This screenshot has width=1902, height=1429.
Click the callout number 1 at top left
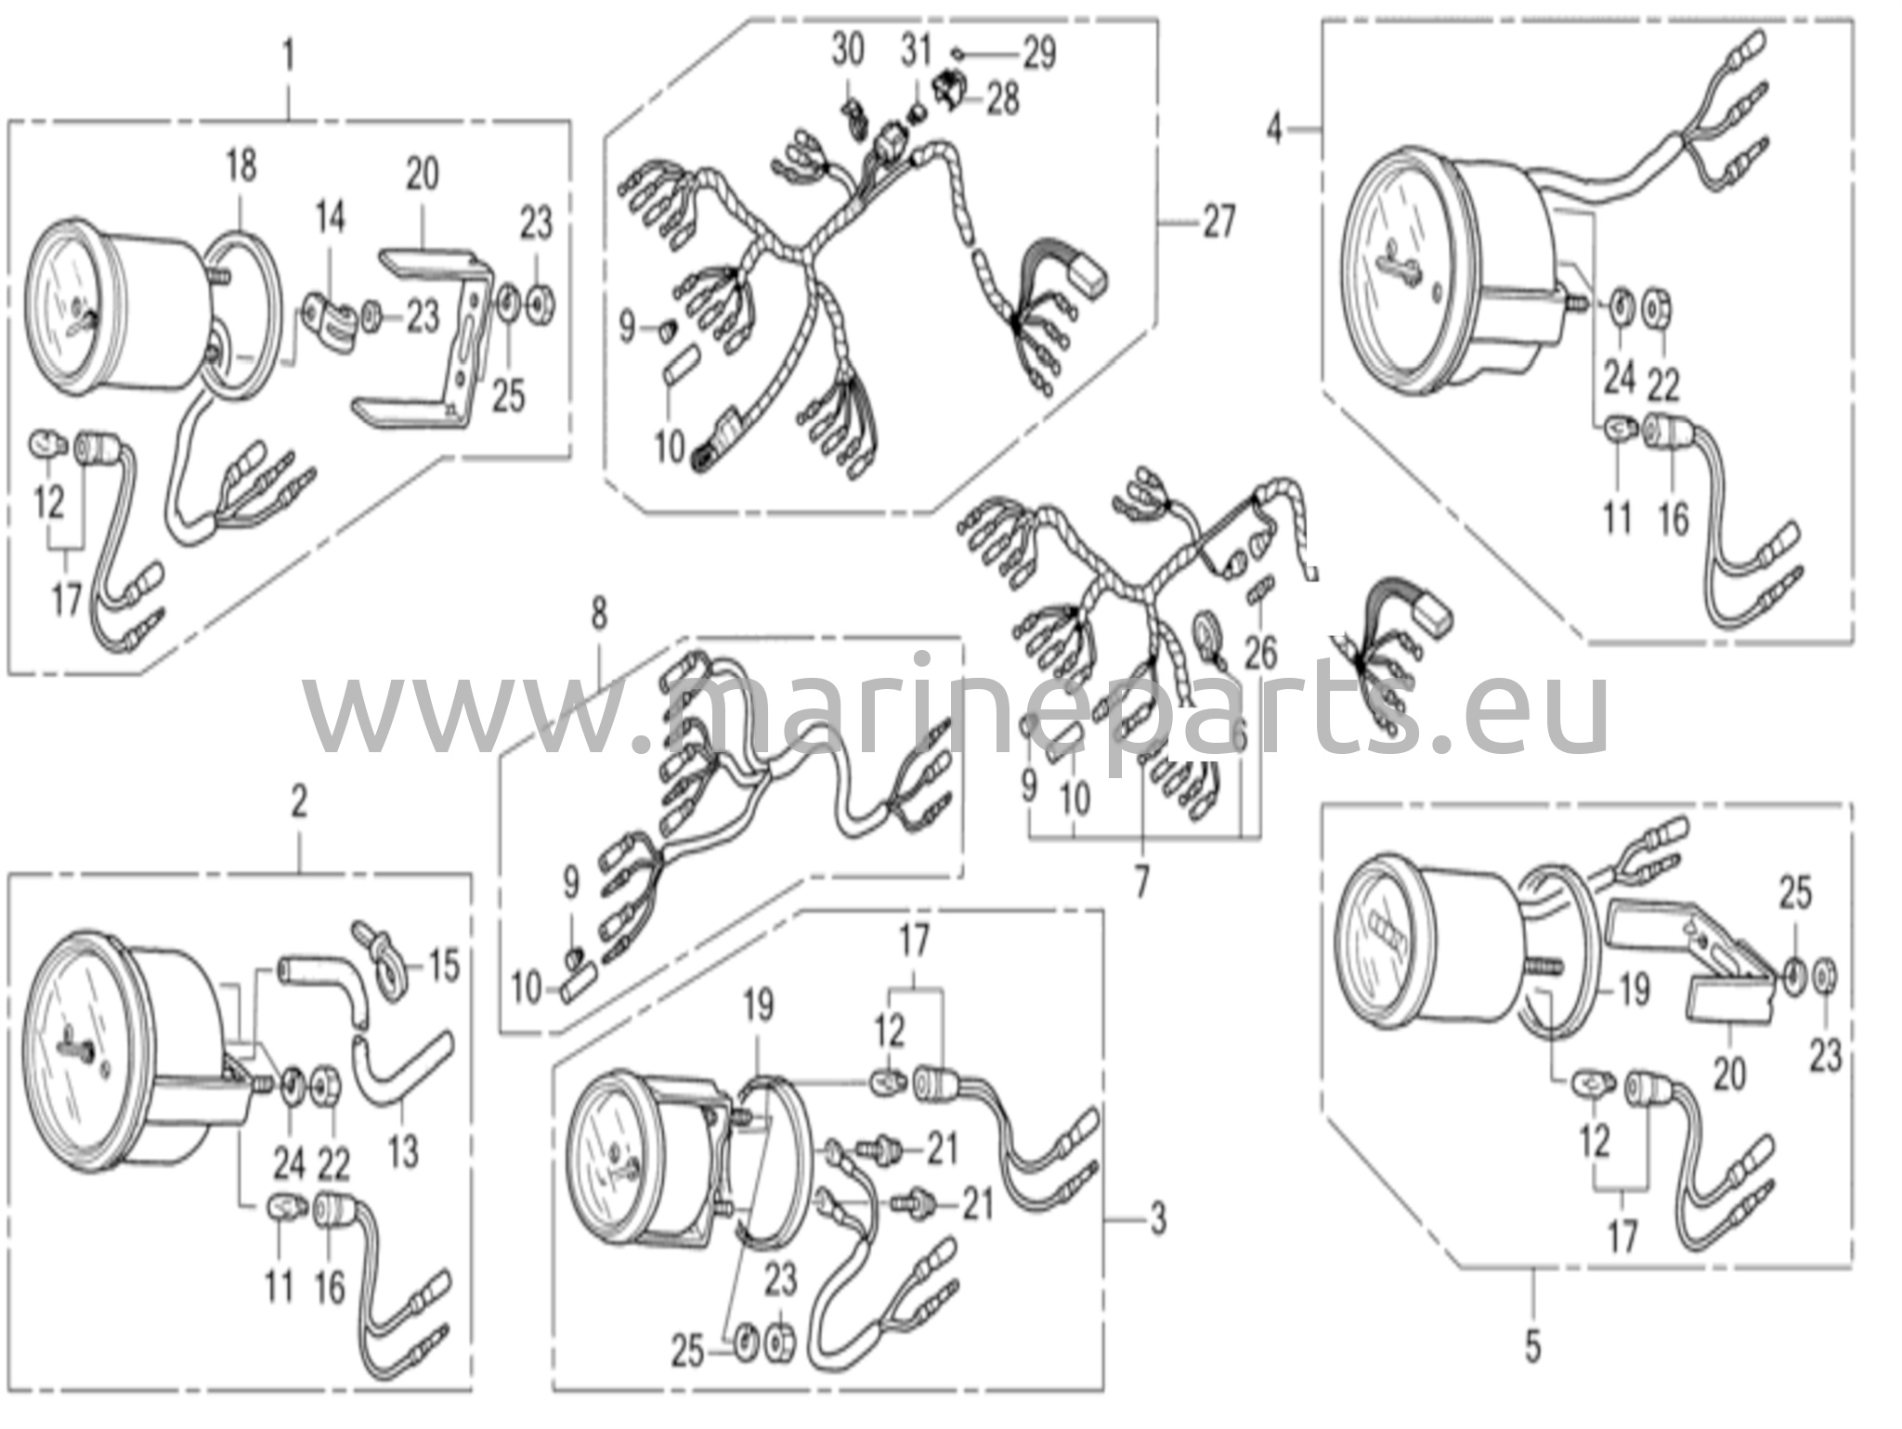pos(289,56)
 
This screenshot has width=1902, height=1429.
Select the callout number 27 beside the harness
pos(1219,223)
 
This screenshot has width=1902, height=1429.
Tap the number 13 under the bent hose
pos(403,1151)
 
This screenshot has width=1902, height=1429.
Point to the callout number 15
pos(444,966)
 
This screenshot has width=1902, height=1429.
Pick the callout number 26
pos(1261,652)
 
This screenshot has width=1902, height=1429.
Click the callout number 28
pos(1003,98)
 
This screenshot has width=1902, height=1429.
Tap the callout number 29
pos(1039,53)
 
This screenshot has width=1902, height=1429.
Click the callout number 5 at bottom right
pos(1533,1345)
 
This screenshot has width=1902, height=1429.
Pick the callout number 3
pos(1158,1219)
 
